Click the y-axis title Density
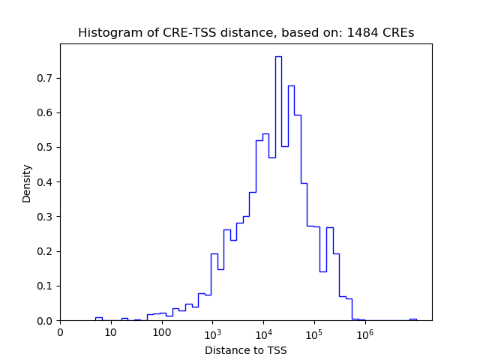(x=27, y=183)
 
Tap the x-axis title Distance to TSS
(x=245, y=350)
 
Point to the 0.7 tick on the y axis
(x=46, y=78)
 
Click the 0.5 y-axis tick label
(x=46, y=147)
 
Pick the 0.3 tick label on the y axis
(x=46, y=217)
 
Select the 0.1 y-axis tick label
(x=46, y=286)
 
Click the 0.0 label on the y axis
(x=46, y=320)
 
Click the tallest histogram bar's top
(x=278, y=57)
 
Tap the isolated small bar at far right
(x=412, y=319)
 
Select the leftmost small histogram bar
(x=98, y=319)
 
